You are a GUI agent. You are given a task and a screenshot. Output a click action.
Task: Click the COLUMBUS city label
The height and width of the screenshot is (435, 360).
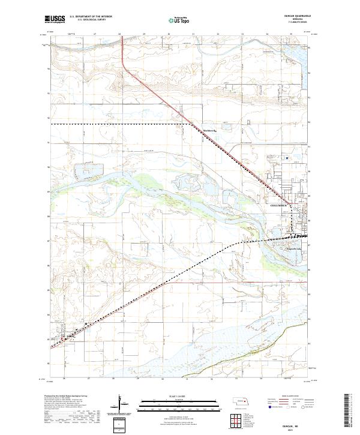click(274, 205)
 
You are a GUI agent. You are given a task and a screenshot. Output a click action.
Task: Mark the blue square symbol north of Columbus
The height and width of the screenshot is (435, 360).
click(287, 158)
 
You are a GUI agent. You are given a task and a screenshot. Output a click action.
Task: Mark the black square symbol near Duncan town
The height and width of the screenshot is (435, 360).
click(87, 325)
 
